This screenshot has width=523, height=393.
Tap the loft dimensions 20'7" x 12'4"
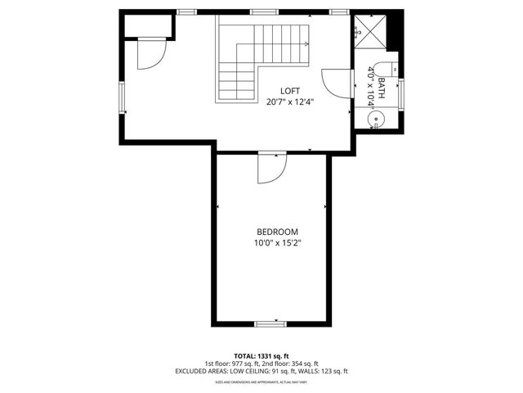click(290, 102)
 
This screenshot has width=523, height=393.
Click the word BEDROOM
click(277, 232)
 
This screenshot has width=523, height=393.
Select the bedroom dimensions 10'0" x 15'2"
click(277, 243)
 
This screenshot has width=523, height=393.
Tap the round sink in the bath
click(376, 120)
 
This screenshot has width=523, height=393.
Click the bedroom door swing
click(270, 168)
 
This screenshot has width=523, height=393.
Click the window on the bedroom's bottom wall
click(270, 323)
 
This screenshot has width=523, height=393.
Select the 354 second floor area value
click(297, 364)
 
